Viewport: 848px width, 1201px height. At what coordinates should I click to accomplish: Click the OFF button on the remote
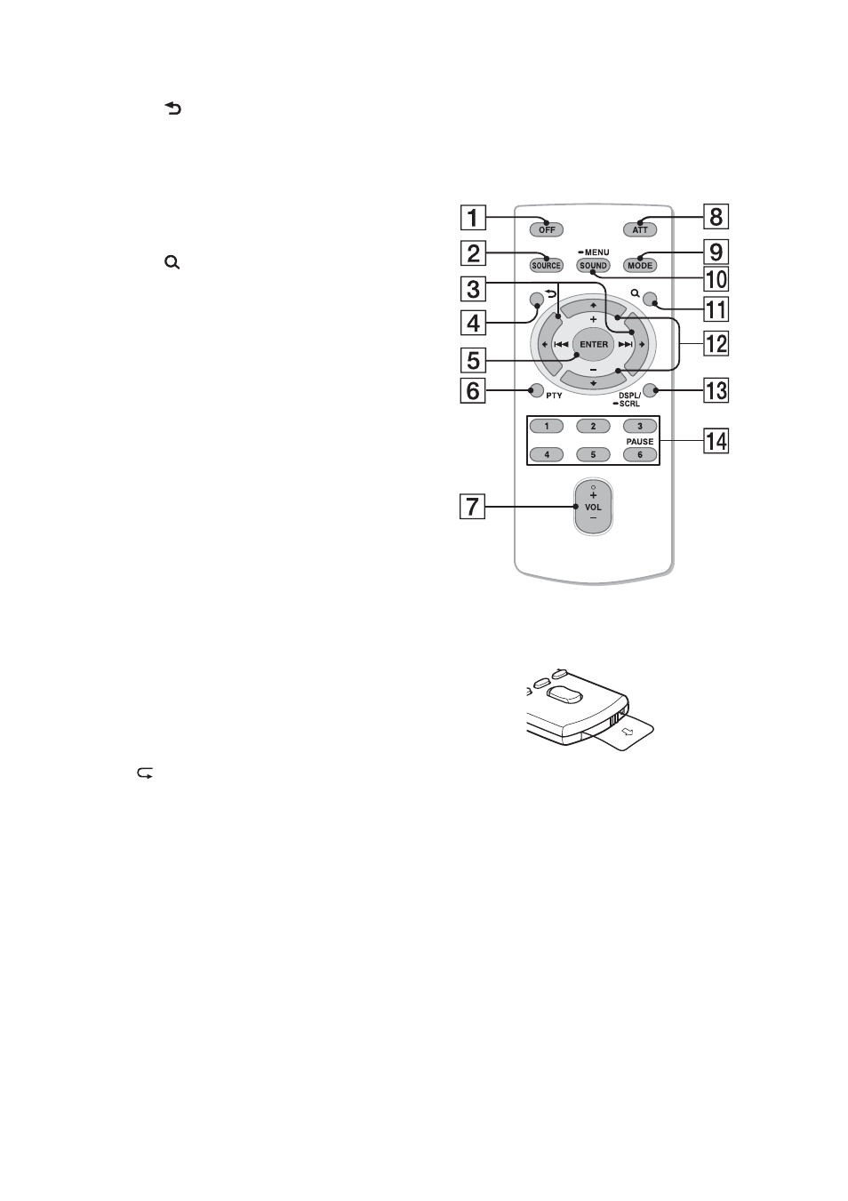[546, 229]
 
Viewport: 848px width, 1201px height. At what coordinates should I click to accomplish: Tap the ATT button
[640, 229]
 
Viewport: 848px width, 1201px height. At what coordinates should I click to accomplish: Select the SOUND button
[593, 266]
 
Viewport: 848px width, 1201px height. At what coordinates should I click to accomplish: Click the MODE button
[640, 266]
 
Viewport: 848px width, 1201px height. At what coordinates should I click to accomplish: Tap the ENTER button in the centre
[594, 344]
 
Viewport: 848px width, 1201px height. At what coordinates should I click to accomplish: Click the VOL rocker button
[593, 507]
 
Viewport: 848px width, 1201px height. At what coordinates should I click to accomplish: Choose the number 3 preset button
[639, 426]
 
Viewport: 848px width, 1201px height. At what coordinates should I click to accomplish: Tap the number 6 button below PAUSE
[639, 454]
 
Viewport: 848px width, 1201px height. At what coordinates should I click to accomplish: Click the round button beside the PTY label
[536, 391]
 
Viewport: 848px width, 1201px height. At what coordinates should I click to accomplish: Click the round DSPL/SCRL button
[650, 391]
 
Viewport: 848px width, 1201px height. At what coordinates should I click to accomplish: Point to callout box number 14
[716, 441]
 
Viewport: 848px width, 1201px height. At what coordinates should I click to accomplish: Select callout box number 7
[472, 506]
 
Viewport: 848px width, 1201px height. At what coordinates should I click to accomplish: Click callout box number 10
[716, 279]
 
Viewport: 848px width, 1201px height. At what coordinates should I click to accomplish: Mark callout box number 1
[473, 218]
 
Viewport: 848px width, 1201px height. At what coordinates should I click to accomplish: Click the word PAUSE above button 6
[639, 441]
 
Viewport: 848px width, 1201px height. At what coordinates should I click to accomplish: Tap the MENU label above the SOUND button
[596, 252]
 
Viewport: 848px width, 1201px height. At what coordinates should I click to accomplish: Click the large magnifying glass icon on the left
[172, 263]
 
